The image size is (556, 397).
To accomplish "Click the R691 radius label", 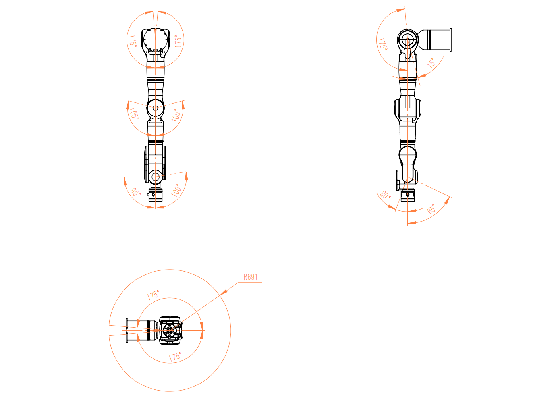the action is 250,277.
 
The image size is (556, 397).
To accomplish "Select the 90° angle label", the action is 135,192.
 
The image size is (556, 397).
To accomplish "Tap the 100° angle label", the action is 176,190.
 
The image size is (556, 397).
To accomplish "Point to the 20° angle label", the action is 385,195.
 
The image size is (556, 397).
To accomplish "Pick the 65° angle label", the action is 431,209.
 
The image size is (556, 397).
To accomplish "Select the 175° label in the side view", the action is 382,44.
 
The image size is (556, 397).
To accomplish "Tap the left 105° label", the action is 134,113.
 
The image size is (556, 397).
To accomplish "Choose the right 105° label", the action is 176,115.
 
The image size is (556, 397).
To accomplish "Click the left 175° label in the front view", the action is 132,41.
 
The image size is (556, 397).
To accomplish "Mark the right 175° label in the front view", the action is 178,41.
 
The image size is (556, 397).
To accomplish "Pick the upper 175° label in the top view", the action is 153,295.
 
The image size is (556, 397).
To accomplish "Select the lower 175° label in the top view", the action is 175,357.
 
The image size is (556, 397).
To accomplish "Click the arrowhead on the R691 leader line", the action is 223,292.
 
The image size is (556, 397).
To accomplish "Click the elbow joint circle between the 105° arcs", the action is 155,108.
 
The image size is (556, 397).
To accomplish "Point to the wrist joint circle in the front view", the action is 155,177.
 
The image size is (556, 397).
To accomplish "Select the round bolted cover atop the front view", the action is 155,39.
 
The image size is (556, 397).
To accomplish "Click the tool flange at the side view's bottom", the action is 407,195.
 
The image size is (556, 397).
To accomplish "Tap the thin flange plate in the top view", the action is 127,330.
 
